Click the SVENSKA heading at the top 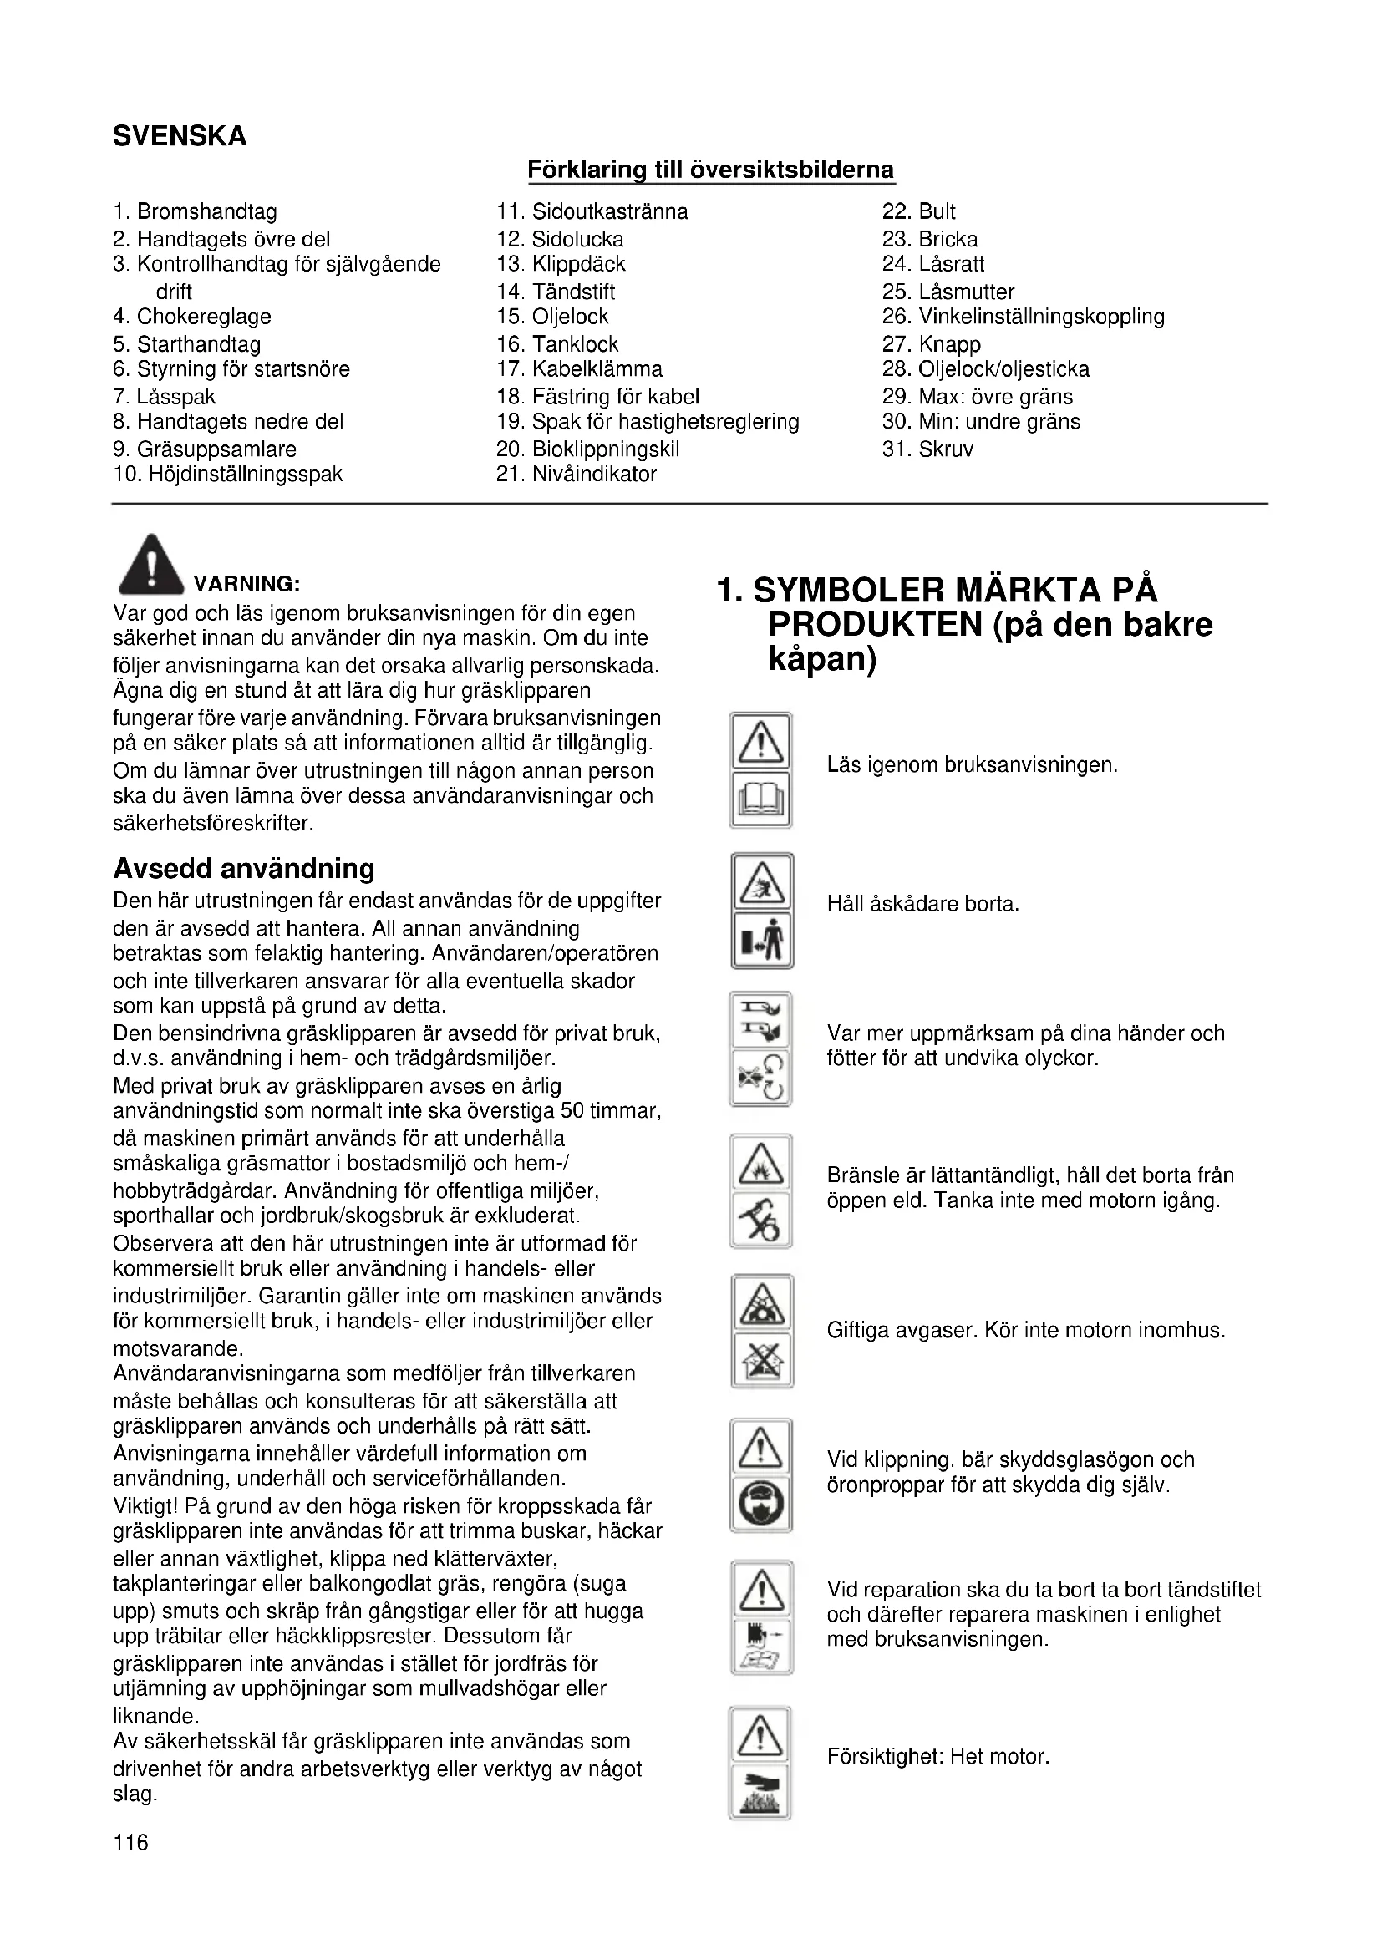click(180, 136)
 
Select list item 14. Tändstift click(556, 292)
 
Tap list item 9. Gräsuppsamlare click(204, 449)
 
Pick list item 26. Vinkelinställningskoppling click(1023, 317)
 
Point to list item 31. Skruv click(927, 449)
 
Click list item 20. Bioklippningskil click(587, 449)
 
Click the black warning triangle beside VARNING click(151, 566)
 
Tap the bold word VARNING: click(246, 584)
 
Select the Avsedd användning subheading click(244, 869)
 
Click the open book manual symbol click(761, 801)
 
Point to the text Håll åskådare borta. click(922, 904)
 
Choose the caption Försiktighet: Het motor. click(937, 1756)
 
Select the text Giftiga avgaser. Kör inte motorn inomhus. click(1025, 1330)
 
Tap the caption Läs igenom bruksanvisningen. click(972, 765)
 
